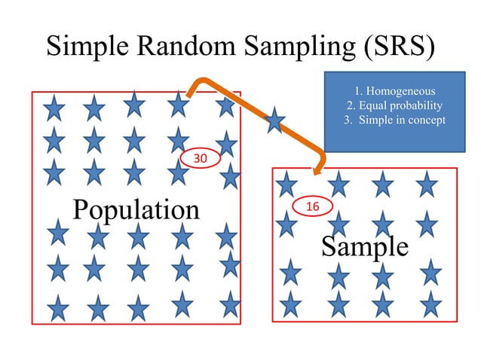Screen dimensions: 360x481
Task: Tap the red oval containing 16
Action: pyautogui.click(x=311, y=206)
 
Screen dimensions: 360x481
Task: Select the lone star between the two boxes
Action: pyautogui.click(x=274, y=119)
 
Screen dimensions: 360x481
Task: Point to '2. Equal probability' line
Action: pyautogui.click(x=394, y=105)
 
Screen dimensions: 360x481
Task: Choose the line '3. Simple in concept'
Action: pyautogui.click(x=394, y=119)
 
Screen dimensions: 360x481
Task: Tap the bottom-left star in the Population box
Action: pyautogui.click(x=58, y=307)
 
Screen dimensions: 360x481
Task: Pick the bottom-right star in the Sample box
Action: pyautogui.click(x=430, y=304)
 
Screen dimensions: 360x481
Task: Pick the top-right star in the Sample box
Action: pyautogui.click(x=427, y=183)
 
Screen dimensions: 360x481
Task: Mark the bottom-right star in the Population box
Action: pyautogui.click(x=229, y=304)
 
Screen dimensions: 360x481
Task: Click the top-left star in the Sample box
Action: pyautogui.click(x=286, y=183)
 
